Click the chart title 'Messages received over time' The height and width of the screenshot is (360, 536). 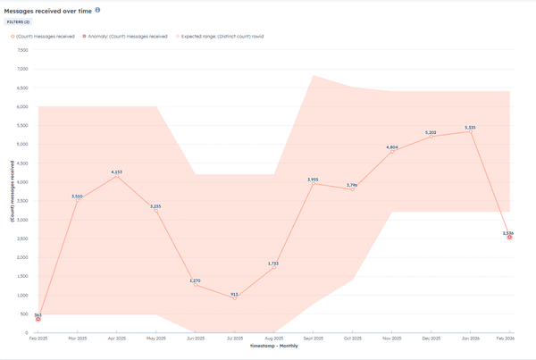tap(46, 10)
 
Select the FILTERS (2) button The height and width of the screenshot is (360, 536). tap(21, 22)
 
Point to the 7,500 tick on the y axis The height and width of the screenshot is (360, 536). tap(22, 51)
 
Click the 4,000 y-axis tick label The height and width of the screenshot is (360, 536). tap(22, 182)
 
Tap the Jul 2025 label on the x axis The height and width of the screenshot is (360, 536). tap(235, 339)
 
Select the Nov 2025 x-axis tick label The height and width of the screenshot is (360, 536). tap(392, 339)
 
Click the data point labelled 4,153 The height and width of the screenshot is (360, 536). tap(117, 176)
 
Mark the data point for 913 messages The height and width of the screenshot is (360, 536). tap(235, 298)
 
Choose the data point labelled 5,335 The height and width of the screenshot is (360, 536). tap(470, 131)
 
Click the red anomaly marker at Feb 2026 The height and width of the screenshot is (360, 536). tap(509, 237)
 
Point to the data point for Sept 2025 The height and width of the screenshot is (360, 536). tap(313, 184)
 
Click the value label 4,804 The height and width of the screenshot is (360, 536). tap(392, 147)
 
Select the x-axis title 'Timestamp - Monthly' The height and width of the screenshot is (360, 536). tap(273, 346)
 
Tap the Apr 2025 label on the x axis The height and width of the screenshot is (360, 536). tap(117, 339)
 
